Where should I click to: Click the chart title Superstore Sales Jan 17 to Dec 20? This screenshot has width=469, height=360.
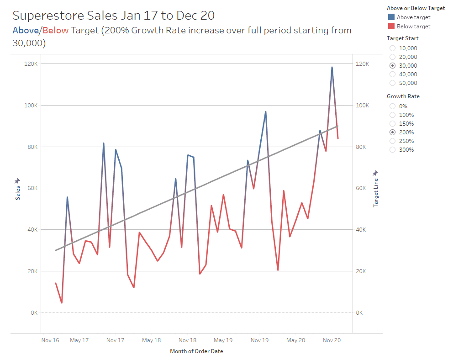click(x=113, y=16)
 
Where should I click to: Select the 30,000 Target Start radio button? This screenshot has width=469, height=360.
click(x=392, y=66)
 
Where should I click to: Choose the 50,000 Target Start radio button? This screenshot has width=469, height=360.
click(x=392, y=83)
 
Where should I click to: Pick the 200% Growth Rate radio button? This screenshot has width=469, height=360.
click(x=392, y=132)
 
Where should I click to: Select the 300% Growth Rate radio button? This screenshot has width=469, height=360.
click(x=392, y=150)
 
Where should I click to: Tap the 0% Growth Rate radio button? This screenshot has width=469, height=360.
click(x=392, y=106)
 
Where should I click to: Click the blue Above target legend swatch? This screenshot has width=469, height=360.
click(x=391, y=17)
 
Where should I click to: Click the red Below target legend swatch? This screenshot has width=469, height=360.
click(x=391, y=26)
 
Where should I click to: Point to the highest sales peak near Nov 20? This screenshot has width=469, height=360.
click(x=332, y=67)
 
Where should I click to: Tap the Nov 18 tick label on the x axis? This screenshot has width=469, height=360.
click(x=187, y=340)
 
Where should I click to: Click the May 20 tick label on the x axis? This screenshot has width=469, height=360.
click(x=295, y=340)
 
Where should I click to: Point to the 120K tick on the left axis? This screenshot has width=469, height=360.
click(x=31, y=64)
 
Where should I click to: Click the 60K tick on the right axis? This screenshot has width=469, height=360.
click(x=361, y=188)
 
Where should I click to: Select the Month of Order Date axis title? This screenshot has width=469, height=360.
click(x=196, y=351)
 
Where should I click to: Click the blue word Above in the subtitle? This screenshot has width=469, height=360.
click(x=26, y=31)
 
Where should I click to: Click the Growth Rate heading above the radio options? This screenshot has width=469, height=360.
click(x=403, y=96)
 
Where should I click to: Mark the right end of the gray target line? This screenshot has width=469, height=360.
click(x=338, y=126)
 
